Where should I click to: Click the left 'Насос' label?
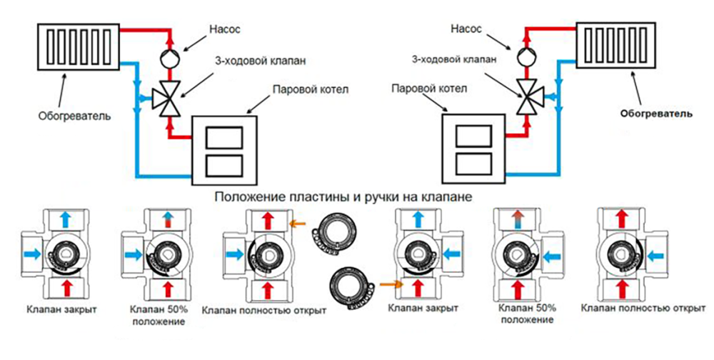coord(224,29)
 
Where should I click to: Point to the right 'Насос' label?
coord(466,29)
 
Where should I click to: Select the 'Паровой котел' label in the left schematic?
coord(310,89)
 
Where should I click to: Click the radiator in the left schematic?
coord(79,46)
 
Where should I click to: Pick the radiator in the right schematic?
coord(617,44)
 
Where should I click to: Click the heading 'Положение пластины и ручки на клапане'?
coord(343,197)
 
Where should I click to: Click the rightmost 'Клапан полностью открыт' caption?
coord(643,309)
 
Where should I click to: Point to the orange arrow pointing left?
coord(298,224)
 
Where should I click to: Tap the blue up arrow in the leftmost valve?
coord(66,220)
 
